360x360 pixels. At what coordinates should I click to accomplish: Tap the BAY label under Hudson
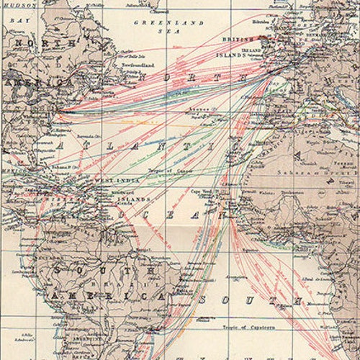[26, 22]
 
